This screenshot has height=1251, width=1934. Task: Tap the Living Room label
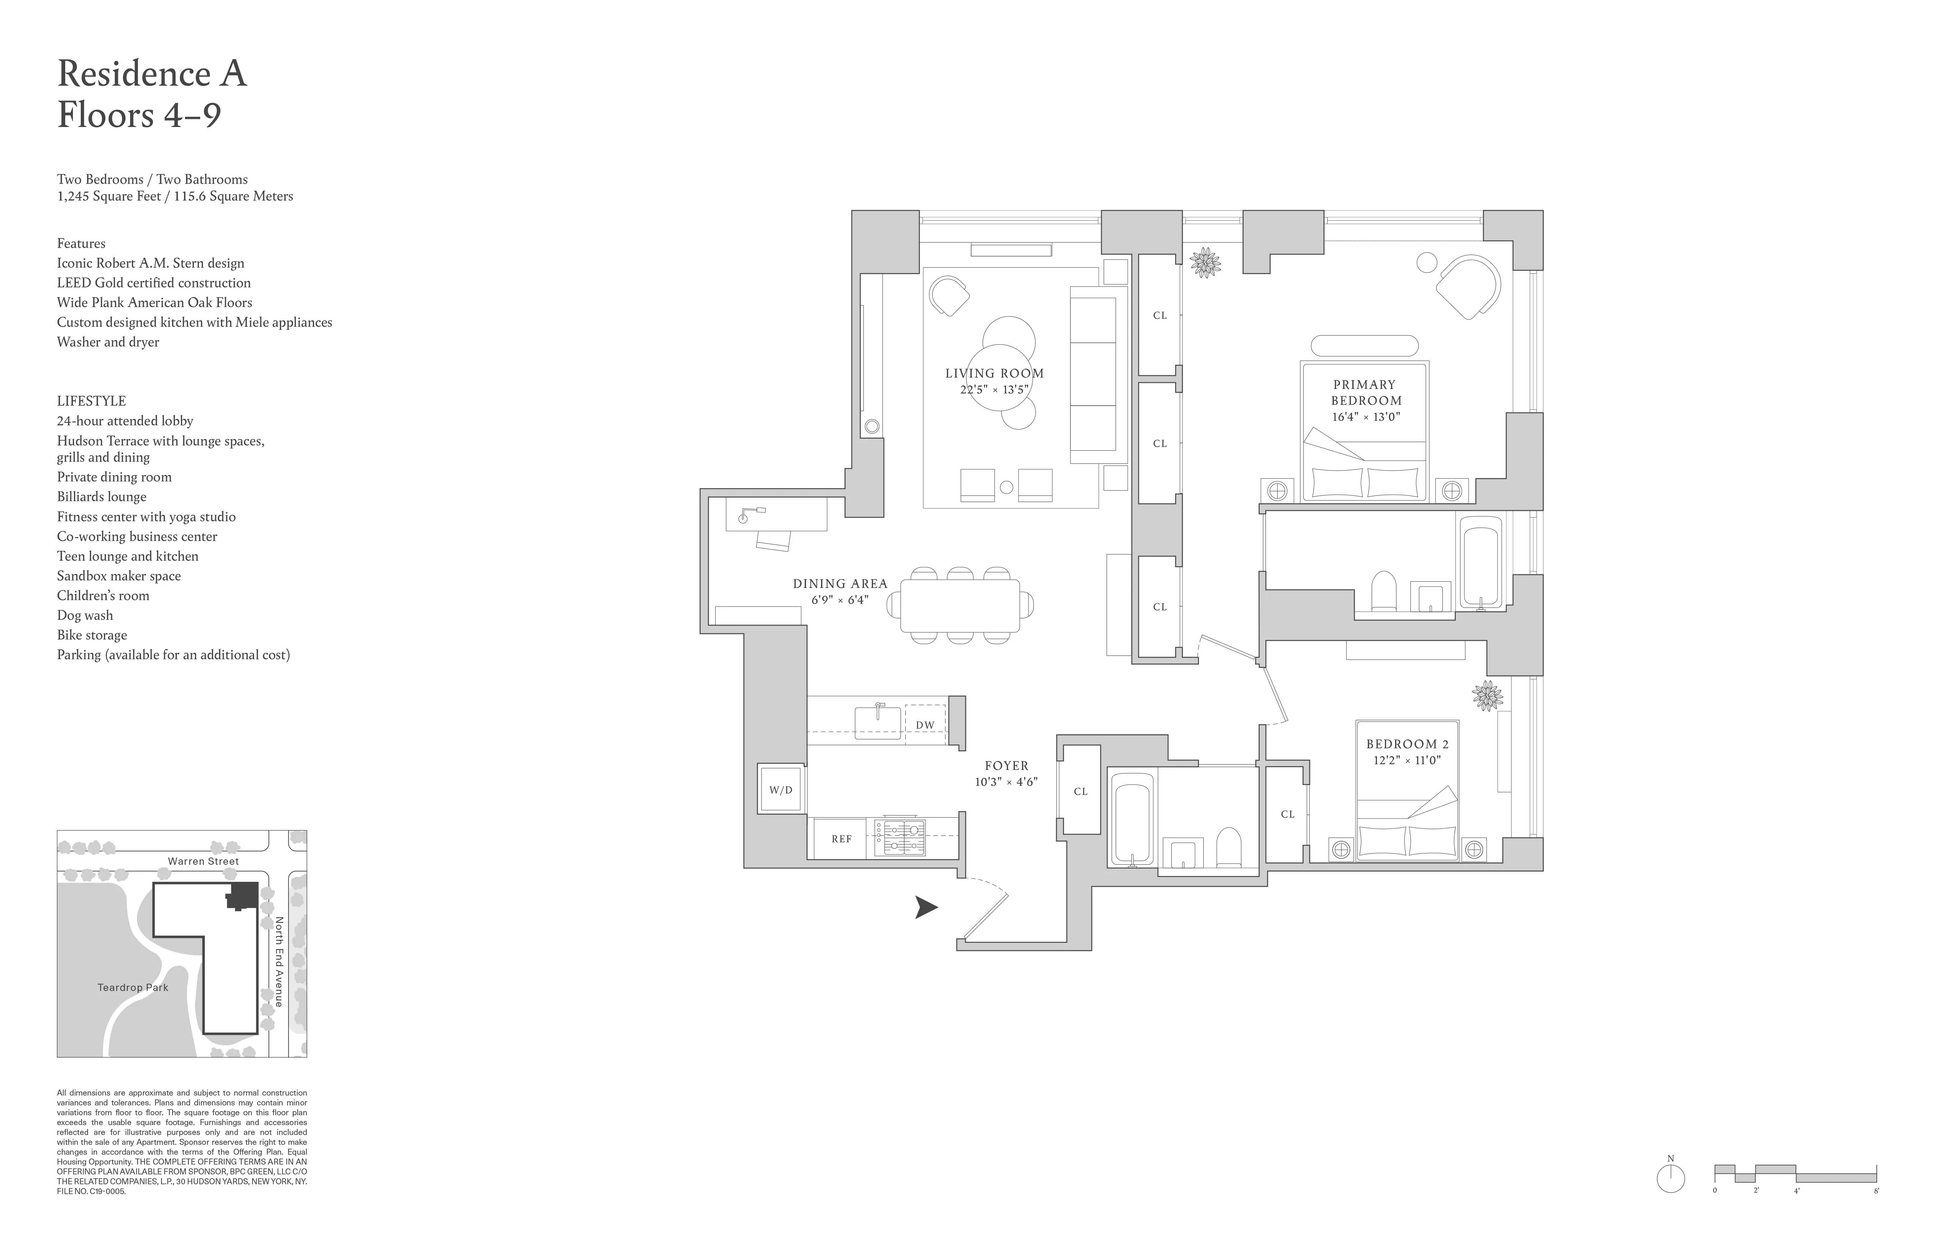pos(994,374)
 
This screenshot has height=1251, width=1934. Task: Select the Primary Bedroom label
pos(1365,392)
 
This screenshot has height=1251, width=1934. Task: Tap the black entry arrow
pos(926,908)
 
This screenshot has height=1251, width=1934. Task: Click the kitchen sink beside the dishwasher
pos(878,721)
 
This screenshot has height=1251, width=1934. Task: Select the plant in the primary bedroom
pos(1205,262)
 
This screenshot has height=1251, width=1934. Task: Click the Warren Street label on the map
pos(203,861)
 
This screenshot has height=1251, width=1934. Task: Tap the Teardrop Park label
pos(132,988)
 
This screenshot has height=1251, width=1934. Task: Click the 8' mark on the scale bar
pos(1876,1191)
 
